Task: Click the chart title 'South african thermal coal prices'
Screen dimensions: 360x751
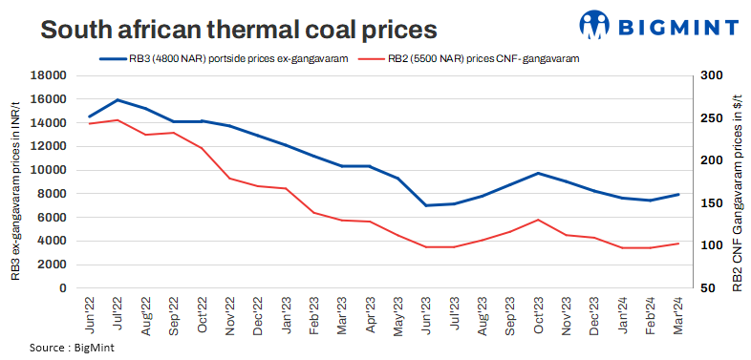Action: (x=239, y=29)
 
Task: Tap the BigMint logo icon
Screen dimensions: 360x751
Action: (x=595, y=26)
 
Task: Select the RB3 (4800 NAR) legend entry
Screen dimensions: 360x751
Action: (x=225, y=58)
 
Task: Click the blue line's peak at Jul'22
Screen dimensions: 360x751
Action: (x=118, y=99)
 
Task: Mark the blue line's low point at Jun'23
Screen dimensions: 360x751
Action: (x=426, y=205)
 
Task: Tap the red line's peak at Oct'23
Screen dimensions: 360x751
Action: (x=539, y=220)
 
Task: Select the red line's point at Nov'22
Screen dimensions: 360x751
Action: (x=229, y=179)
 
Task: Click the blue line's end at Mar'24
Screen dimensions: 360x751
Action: (x=678, y=195)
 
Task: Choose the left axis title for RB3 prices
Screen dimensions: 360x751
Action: (x=16, y=181)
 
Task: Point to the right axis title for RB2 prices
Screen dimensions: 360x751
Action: (x=737, y=181)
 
